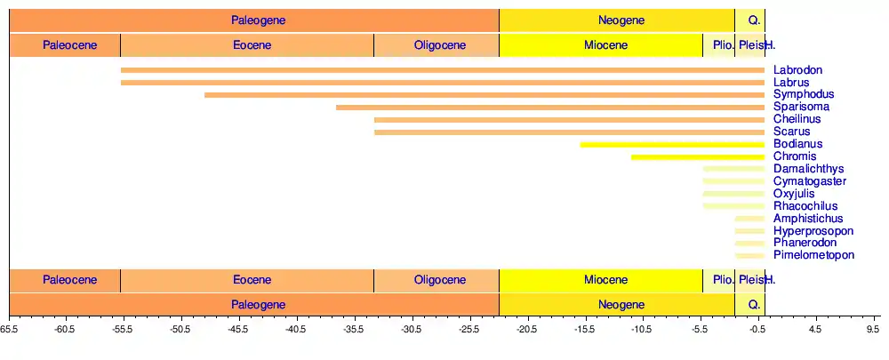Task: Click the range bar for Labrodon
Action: (x=443, y=70)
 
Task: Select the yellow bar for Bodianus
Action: (x=672, y=145)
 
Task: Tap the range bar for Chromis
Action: (x=698, y=157)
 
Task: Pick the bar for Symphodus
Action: (x=485, y=95)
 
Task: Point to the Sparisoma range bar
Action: (x=550, y=108)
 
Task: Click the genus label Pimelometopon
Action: (x=813, y=255)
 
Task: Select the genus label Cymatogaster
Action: (x=810, y=181)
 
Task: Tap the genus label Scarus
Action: (x=791, y=132)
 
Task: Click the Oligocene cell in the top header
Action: (x=436, y=45)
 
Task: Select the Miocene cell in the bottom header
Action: (x=600, y=280)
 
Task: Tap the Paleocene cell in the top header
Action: (x=64, y=45)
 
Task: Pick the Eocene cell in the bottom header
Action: (x=247, y=280)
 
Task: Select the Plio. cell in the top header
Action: (x=718, y=45)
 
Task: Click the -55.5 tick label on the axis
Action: (x=122, y=328)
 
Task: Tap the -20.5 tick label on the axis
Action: (x=527, y=328)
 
